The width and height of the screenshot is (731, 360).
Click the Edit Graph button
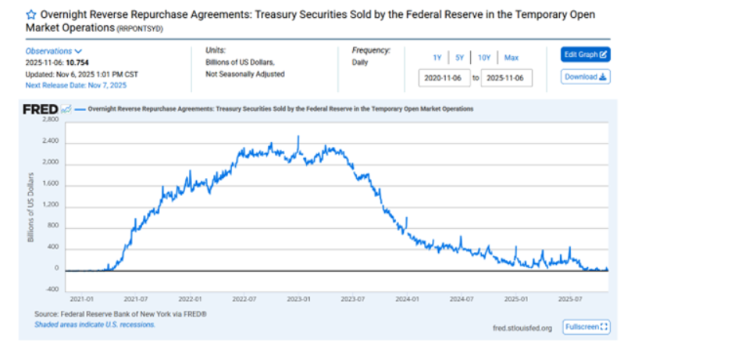point(585,55)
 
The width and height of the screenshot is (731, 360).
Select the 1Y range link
point(438,58)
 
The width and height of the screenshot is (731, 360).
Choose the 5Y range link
point(459,58)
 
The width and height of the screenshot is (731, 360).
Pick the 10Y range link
point(484,58)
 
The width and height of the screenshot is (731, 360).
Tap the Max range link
point(511,58)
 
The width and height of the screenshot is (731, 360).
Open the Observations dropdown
point(54,52)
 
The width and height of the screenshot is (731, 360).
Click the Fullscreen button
point(586,327)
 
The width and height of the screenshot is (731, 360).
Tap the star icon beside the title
point(30,15)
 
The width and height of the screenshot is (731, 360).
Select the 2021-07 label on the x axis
point(136,298)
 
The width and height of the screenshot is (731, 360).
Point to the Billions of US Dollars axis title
point(30,206)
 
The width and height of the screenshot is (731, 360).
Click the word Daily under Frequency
point(360,62)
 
